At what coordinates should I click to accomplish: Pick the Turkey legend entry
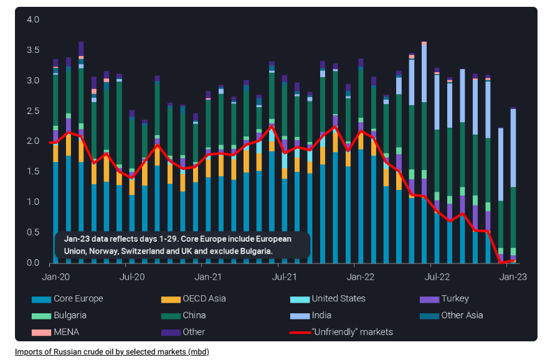tap(454, 299)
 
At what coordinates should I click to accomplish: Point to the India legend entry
tap(321, 316)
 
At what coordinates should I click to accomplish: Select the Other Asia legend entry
tap(462, 316)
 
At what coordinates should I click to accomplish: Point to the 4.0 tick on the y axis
tap(33, 20)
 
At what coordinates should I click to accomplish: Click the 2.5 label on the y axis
tap(33, 111)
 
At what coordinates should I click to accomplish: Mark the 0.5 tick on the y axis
tap(33, 232)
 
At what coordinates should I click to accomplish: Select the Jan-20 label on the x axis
tap(55, 277)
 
